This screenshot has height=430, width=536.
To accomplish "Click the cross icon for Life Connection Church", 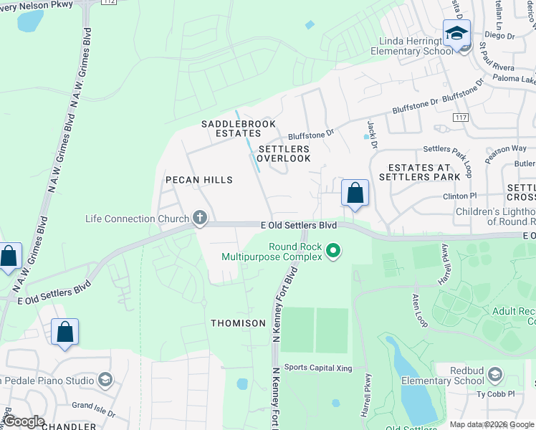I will [x=200, y=218].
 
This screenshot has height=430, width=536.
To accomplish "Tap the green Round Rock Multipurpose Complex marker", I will [x=332, y=251].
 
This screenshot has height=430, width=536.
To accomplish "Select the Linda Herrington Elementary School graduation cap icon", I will [x=456, y=33].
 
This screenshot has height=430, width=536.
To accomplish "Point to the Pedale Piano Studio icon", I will [x=105, y=380].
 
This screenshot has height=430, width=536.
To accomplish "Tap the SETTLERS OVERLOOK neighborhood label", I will [x=284, y=153].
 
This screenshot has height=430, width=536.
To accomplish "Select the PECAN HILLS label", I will [x=199, y=180].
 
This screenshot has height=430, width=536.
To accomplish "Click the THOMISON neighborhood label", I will [x=238, y=323].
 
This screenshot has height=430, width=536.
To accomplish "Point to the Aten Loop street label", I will [x=421, y=310].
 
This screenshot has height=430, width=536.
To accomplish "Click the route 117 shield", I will [x=461, y=116].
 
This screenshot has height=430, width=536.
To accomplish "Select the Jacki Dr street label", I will [x=372, y=134].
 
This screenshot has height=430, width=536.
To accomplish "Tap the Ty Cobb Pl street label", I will [x=491, y=393].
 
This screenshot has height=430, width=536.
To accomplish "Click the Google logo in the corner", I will [x=24, y=421].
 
